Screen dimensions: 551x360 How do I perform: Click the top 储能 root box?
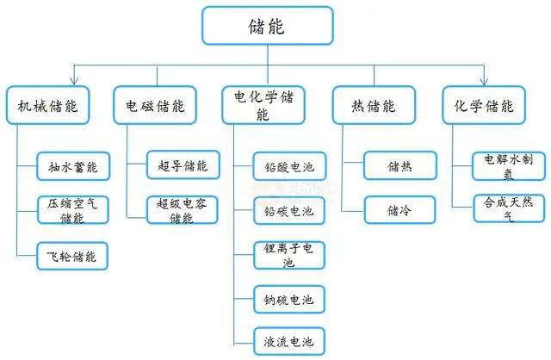click(268, 26)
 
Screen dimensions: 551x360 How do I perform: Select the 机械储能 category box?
click(48, 105)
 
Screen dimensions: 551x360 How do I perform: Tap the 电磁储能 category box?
click(155, 105)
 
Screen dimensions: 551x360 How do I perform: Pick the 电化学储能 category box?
click(263, 105)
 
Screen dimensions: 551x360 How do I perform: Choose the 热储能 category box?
click(374, 105)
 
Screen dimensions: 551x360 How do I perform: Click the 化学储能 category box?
click(484, 105)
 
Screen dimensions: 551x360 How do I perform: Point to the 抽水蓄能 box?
click(73, 166)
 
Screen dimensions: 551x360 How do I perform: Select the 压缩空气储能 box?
click(72, 210)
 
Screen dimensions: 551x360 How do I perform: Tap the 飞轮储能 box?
click(72, 256)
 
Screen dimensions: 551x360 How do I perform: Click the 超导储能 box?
click(183, 164)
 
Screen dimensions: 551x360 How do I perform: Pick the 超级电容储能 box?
click(183, 210)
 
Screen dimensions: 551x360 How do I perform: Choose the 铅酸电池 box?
click(289, 166)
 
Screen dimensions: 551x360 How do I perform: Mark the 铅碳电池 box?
click(289, 211)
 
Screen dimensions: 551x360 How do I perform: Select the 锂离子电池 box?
click(289, 255)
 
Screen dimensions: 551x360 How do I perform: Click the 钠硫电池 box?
click(289, 300)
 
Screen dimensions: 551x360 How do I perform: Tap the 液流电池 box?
click(289, 341)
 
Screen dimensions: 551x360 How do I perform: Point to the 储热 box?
click(400, 165)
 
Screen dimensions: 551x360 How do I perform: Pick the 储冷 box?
click(399, 210)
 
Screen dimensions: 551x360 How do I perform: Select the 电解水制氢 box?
click(509, 166)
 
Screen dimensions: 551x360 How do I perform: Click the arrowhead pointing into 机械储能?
click(74, 80)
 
